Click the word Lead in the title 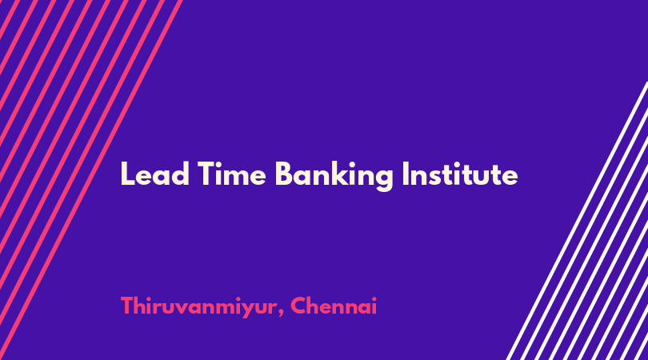tap(155, 174)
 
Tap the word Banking tap(334, 176)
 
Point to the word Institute tap(460, 174)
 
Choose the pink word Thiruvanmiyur tap(198, 306)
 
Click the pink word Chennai tap(334, 306)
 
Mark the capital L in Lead tap(127, 174)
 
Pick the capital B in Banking tap(284, 174)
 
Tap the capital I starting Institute tap(406, 174)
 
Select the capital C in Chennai tap(298, 306)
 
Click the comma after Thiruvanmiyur tap(281, 314)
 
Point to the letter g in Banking tap(384, 179)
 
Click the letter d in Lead tap(181, 174)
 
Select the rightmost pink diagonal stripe tap(90, 180)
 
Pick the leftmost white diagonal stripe tap(578, 220)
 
